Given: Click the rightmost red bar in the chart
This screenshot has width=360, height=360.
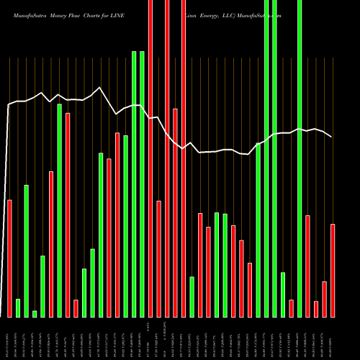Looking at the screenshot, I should pyautogui.click(x=333, y=270).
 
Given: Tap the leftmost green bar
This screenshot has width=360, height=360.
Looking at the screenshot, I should pyautogui.click(x=18, y=307).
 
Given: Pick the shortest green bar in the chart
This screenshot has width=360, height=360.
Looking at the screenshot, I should pyautogui.click(x=35, y=313).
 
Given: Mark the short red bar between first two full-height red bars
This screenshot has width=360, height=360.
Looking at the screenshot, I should pyautogui.click(x=158, y=258).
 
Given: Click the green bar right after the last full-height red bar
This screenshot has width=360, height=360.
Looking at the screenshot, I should pyautogui.click(x=192, y=296).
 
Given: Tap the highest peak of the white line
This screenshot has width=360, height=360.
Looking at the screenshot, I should pyautogui.click(x=100, y=89).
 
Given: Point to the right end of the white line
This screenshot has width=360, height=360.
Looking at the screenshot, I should pyautogui.click(x=332, y=137).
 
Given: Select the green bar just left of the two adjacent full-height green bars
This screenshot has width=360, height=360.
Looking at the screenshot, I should pyautogui.click(x=258, y=230).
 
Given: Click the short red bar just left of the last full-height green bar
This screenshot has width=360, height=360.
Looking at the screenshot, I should pyautogui.click(x=291, y=308).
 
